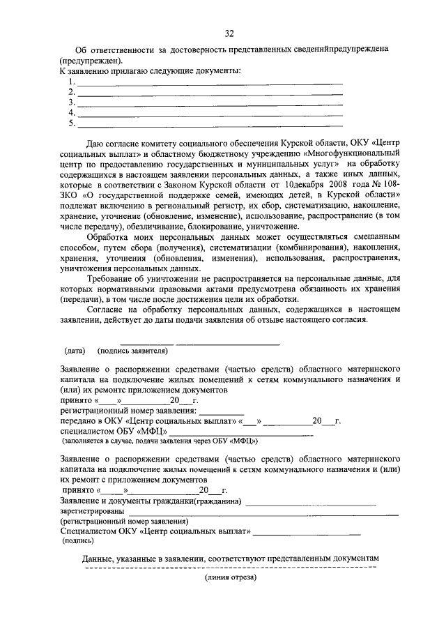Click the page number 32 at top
(229, 33)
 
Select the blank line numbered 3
(209, 102)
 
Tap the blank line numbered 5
(209, 123)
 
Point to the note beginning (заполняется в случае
(160, 441)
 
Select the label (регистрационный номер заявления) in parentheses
(123, 521)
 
